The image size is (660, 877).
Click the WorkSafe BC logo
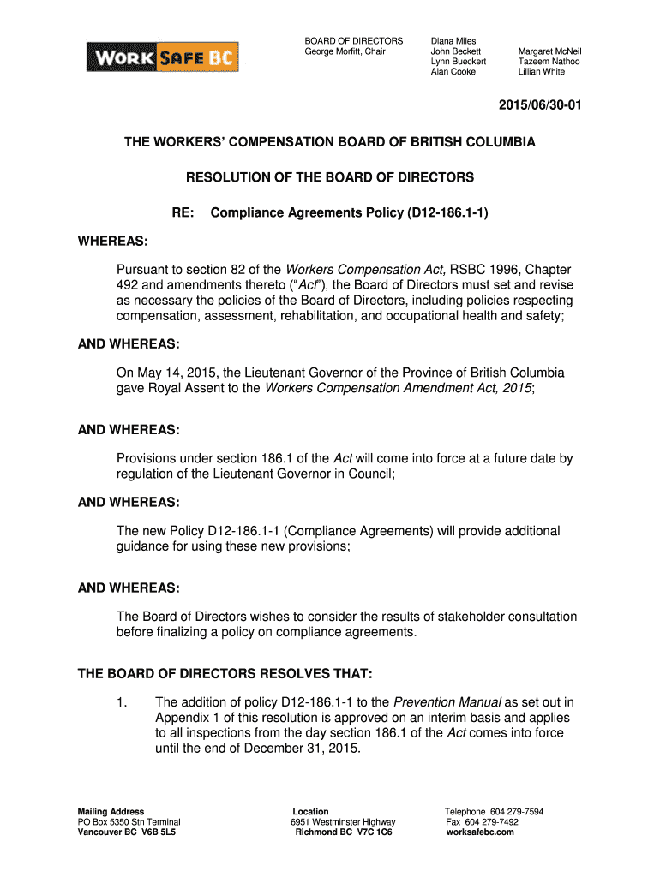point(163,57)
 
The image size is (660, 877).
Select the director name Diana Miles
point(453,41)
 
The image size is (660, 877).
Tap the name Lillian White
point(542,72)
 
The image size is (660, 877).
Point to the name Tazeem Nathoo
point(549,62)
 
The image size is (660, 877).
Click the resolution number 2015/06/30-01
point(537,105)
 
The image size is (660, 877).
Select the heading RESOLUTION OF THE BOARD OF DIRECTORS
point(330,177)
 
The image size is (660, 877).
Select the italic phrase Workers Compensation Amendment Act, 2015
point(399,388)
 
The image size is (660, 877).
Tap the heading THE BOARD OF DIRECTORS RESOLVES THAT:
point(225,673)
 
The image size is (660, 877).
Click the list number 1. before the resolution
point(122,703)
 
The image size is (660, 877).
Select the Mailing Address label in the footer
point(111,812)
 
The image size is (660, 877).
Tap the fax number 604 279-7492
point(493,822)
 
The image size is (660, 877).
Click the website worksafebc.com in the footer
point(481,832)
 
